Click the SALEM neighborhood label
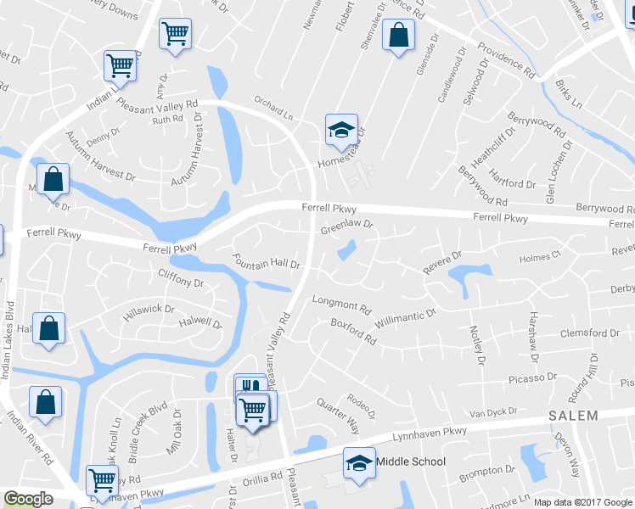click(x=573, y=416)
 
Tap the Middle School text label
click(x=411, y=461)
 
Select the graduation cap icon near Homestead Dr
click(x=341, y=130)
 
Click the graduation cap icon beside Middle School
click(x=358, y=463)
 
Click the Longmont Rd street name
click(x=342, y=303)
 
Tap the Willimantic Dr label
click(x=407, y=319)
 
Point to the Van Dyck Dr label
click(x=494, y=413)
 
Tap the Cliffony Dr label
click(x=181, y=277)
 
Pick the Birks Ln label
click(x=568, y=93)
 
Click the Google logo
click(x=29, y=499)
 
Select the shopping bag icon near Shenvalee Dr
click(x=397, y=36)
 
